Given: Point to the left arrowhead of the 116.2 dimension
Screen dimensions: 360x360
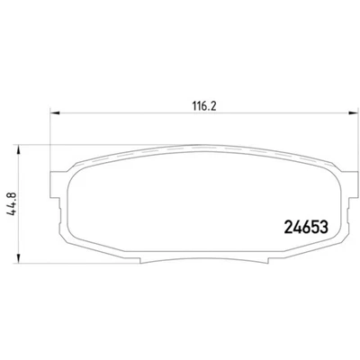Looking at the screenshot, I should pos(51,113).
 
